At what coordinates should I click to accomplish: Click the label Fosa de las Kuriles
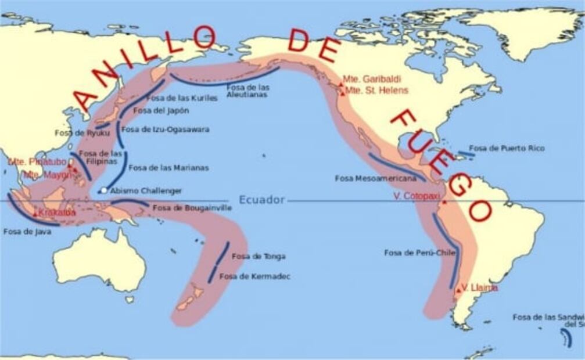click(x=182, y=98)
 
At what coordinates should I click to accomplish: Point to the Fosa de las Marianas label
click(x=168, y=168)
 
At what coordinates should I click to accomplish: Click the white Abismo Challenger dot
click(x=103, y=190)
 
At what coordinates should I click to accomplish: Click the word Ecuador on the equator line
click(x=262, y=200)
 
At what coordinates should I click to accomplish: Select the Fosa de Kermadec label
click(x=254, y=276)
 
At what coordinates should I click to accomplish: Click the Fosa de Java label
click(x=27, y=231)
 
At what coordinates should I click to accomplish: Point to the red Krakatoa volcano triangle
click(x=35, y=214)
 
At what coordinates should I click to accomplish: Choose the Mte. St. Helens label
click(x=377, y=91)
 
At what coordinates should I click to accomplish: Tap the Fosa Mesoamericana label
click(x=375, y=178)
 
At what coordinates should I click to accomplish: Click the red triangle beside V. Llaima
click(x=458, y=289)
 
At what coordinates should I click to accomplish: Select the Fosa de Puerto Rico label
click(x=507, y=149)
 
